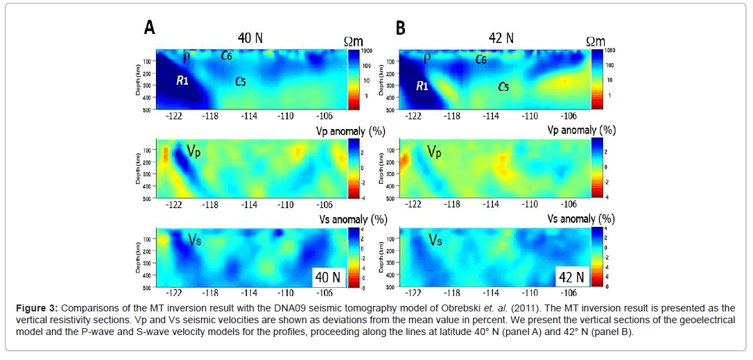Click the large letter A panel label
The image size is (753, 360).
tap(149, 28)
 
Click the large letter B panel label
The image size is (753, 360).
tap(400, 28)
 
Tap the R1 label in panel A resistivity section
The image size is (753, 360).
tap(182, 80)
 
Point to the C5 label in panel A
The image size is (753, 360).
tap(240, 82)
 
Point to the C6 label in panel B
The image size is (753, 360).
tap(481, 60)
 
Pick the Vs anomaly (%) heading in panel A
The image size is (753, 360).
tap(339, 219)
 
